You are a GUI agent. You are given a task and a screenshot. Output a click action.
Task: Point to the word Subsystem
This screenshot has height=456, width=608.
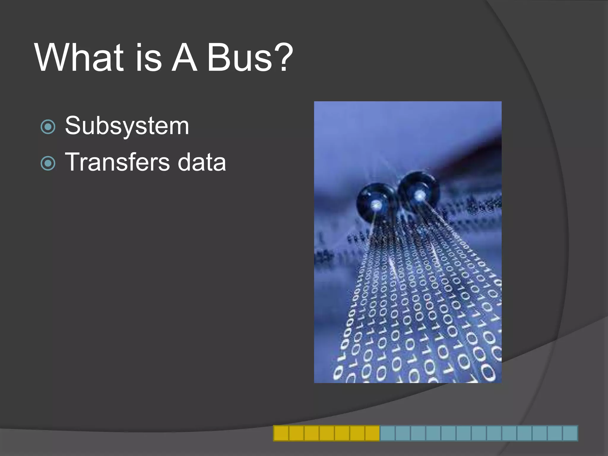(127, 126)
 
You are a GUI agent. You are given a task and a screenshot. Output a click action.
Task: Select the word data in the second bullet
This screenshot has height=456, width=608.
(202, 162)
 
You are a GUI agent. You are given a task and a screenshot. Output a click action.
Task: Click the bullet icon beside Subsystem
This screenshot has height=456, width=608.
(48, 127)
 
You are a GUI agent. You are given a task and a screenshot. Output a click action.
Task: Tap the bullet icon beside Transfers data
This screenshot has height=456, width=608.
(48, 163)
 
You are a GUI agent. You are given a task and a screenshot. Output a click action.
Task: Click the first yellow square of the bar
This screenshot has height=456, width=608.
(281, 433)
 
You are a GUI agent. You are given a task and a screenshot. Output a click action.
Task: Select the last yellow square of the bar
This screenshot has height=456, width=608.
(372, 433)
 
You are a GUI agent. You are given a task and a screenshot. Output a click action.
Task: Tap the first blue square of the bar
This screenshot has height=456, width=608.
(387, 433)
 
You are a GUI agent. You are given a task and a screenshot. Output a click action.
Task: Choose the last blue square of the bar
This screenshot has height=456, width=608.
(570, 433)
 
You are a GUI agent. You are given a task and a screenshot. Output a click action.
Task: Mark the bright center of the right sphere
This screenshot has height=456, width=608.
(420, 195)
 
